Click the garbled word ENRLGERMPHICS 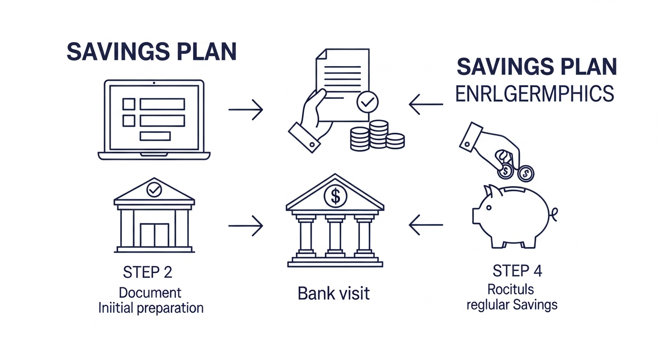[534, 94]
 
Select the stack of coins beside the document [377, 135]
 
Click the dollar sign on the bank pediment [335, 196]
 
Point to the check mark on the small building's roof [154, 189]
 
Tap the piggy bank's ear [489, 190]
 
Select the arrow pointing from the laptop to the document [245, 109]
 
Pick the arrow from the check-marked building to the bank [245, 225]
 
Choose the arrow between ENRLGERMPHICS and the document [426, 104]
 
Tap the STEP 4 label [517, 271]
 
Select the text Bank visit [334, 294]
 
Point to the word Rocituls [510, 288]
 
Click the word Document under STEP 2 [150, 293]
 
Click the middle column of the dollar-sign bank [335, 237]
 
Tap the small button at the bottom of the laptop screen [155, 136]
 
